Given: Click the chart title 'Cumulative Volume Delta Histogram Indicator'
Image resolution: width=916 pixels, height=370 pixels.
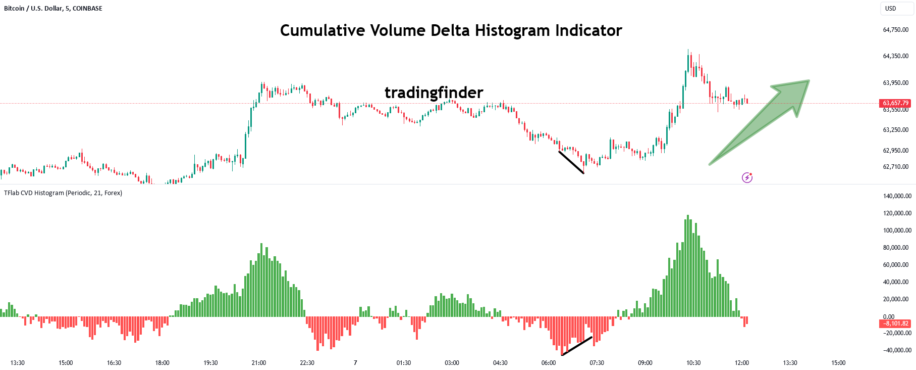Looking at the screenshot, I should (x=451, y=30).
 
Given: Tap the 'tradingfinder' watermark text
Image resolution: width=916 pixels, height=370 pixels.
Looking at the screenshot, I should (x=434, y=92).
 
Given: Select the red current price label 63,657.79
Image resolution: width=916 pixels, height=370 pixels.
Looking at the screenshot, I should (x=895, y=103).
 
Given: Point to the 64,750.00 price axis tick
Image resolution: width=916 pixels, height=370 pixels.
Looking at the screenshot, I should (x=895, y=30).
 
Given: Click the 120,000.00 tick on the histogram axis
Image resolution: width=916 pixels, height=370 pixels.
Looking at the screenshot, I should (x=897, y=213).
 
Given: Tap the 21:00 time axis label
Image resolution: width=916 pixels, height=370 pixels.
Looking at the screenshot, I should (x=258, y=363).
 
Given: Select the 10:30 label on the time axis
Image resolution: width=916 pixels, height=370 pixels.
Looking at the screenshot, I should (x=693, y=363).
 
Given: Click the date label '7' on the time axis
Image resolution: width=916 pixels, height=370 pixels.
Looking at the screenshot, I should (x=355, y=363).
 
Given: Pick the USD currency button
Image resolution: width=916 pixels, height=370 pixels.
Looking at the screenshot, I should (x=891, y=9).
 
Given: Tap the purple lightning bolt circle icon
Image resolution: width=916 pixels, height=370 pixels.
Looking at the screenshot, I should (x=747, y=177).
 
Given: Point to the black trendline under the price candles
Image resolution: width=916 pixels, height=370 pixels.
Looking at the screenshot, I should (x=571, y=162).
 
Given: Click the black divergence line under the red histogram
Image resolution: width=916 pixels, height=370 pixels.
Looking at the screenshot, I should (x=577, y=346).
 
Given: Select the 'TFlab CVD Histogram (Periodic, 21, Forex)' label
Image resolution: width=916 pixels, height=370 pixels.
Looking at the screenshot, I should (x=63, y=193).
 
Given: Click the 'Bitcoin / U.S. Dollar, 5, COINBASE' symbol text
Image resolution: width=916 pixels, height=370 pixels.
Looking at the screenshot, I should (x=53, y=9).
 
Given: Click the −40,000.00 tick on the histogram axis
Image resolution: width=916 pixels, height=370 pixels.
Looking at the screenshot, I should (x=897, y=350).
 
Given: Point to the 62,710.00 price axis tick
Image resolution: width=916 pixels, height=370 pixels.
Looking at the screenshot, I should (x=895, y=167).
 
